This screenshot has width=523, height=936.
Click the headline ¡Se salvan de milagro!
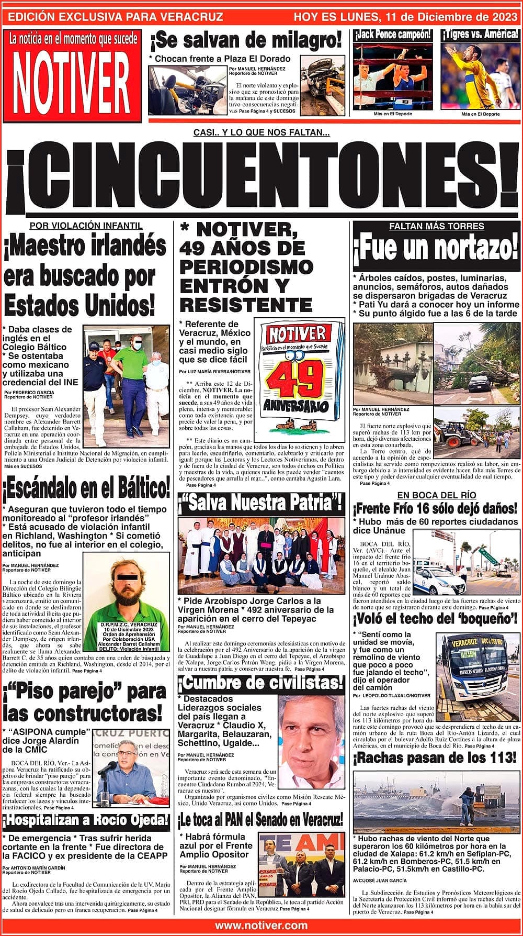[x=246, y=40]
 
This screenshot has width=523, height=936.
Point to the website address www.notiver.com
[x=261, y=926]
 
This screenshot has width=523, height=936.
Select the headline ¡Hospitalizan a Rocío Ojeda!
[x=86, y=819]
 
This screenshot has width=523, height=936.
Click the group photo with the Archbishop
[x=261, y=555]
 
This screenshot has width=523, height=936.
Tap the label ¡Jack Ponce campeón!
[x=393, y=35]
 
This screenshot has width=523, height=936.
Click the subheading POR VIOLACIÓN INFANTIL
[x=86, y=226]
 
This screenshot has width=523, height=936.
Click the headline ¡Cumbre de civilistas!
[x=261, y=683]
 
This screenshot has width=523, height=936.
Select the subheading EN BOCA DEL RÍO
[x=436, y=495]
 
